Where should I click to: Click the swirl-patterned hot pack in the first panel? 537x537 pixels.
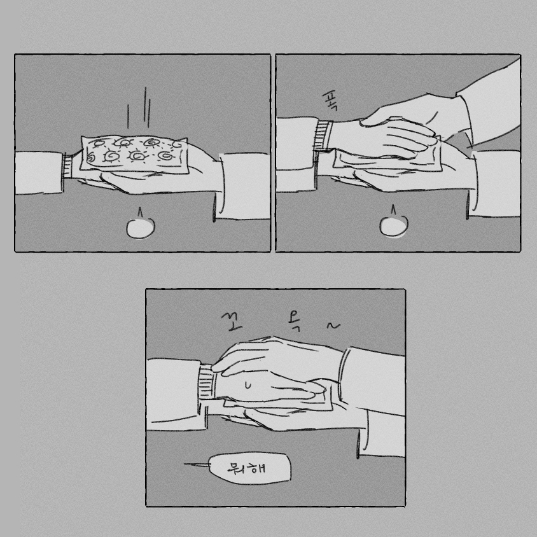pos(134,155)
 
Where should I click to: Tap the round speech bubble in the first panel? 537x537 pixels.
pos(141,228)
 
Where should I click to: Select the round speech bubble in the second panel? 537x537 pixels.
pos(393,227)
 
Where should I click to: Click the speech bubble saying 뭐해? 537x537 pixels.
pos(249,468)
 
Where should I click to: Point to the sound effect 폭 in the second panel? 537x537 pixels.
pos(330,101)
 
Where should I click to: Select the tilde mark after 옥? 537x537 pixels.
pos(333,326)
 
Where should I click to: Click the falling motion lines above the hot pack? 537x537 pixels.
pos(139,108)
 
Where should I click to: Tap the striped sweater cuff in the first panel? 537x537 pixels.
pos(68,166)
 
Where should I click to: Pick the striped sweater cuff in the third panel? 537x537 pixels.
pos(207,382)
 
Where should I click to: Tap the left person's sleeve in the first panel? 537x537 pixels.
pos(39,172)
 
